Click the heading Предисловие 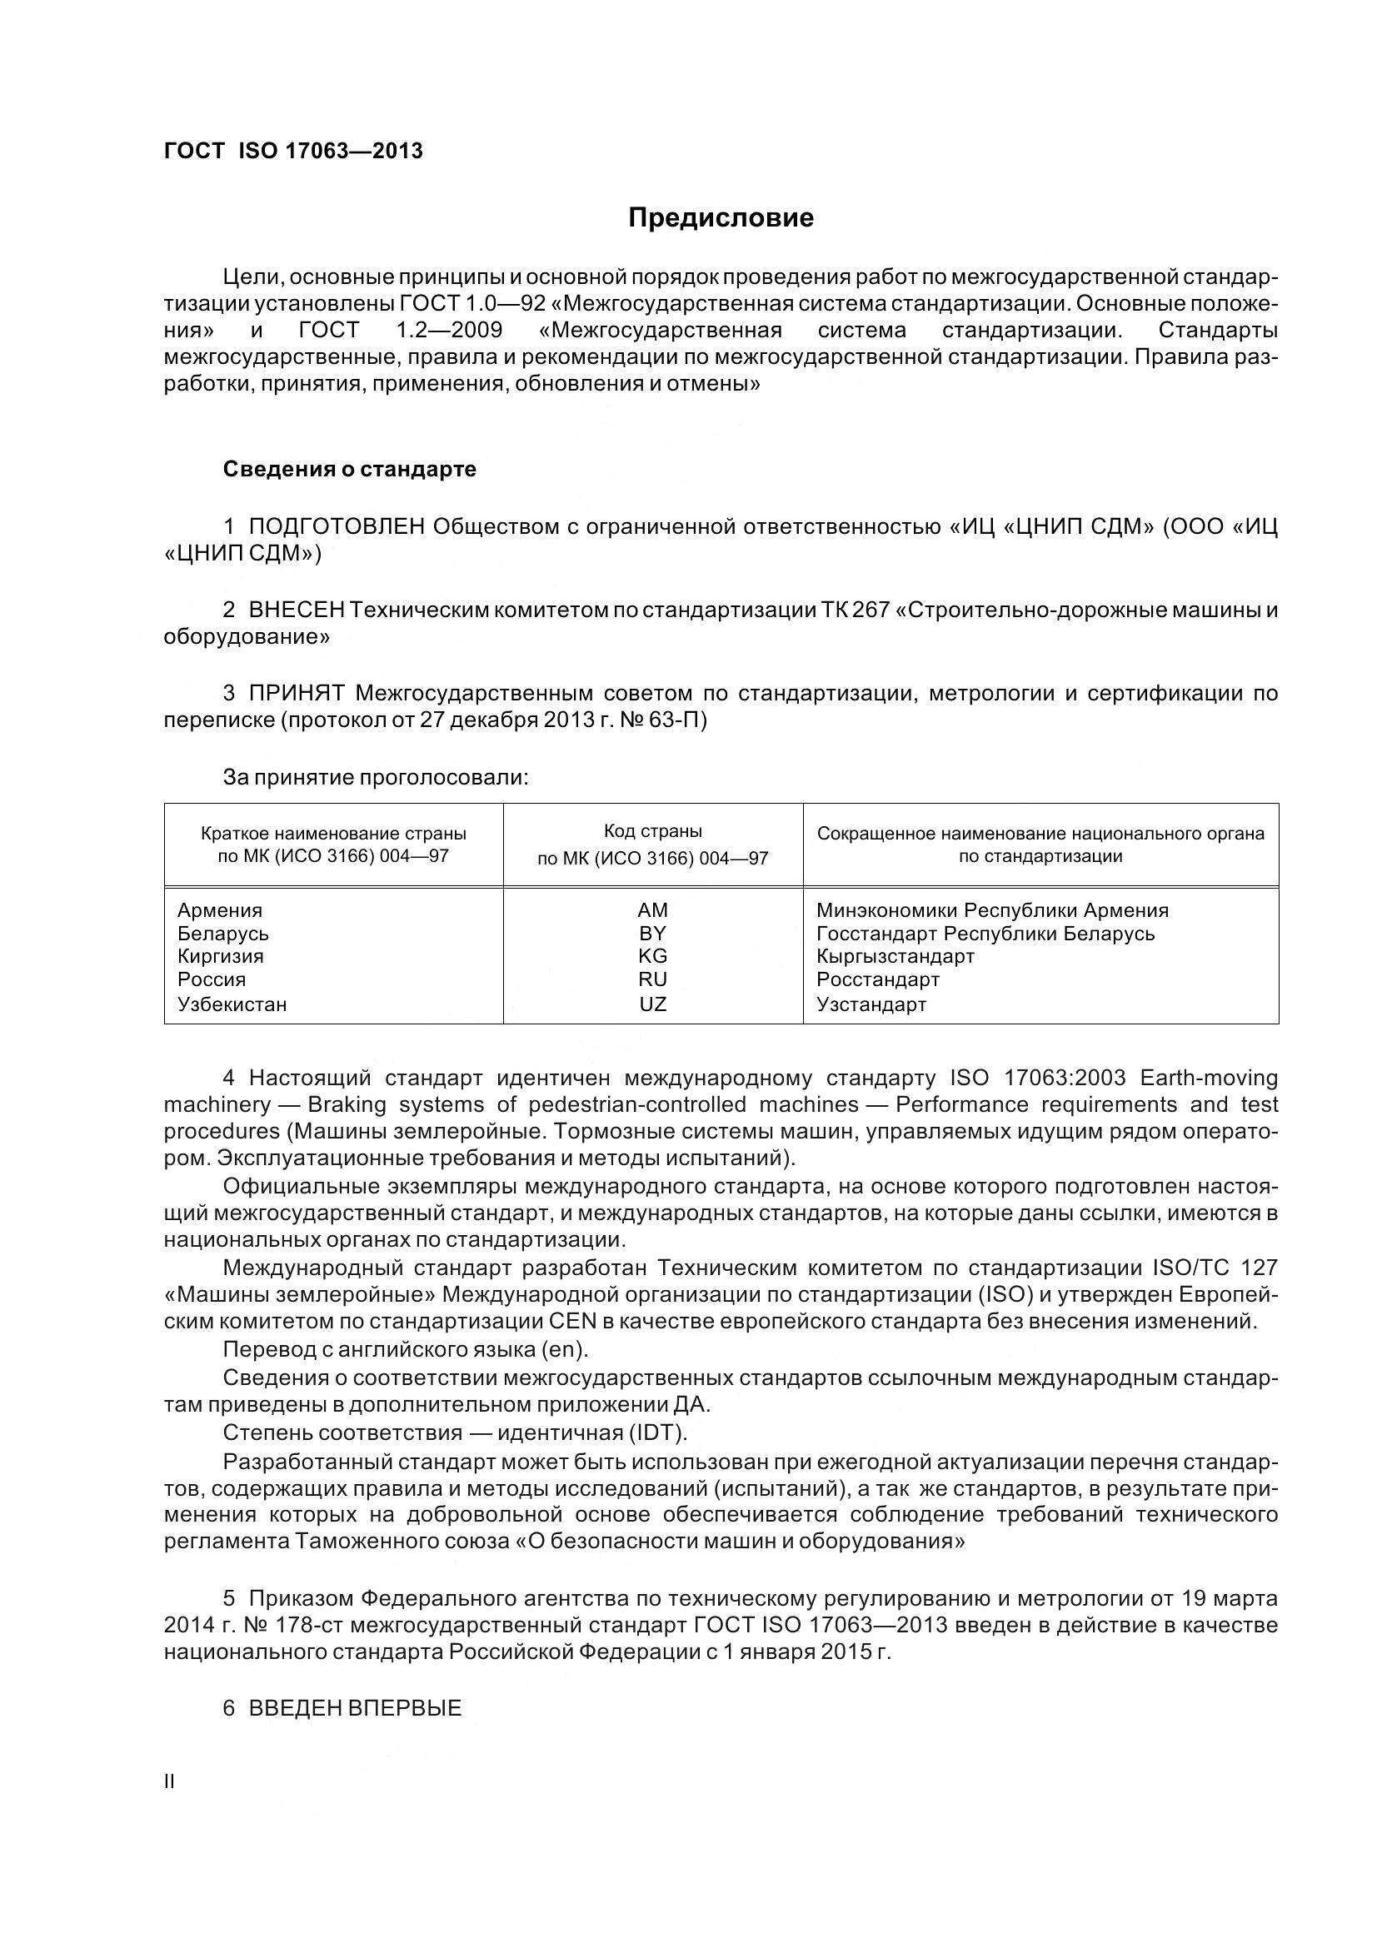(721, 218)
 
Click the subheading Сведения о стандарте (350, 469)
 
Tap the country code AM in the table (652, 910)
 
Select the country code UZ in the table (652, 1004)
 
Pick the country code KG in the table (652, 956)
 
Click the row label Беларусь (223, 934)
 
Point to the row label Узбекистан (232, 1004)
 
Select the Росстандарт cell (878, 979)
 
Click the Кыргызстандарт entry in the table (896, 956)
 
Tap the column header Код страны (652, 831)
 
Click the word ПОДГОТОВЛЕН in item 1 (336, 527)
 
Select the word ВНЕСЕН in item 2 (296, 610)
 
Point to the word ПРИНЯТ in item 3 (296, 693)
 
